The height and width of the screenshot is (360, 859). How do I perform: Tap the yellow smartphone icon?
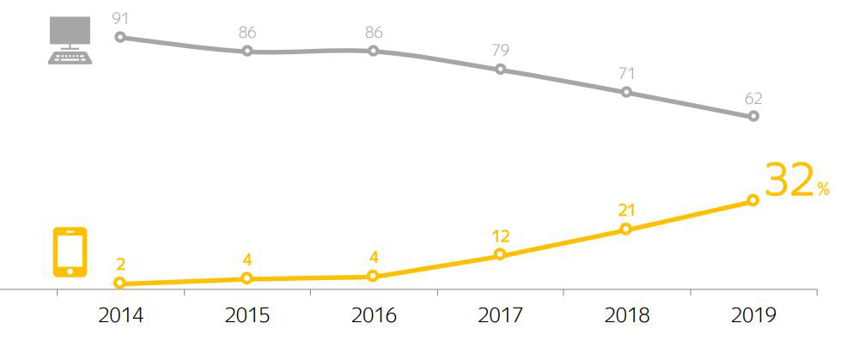coord(70,252)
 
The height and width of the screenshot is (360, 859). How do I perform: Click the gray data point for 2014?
coord(120,37)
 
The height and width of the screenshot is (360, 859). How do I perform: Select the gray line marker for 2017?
coord(500,70)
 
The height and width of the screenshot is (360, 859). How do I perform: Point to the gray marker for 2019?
coord(753,116)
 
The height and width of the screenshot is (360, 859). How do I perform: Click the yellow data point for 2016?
coord(373,276)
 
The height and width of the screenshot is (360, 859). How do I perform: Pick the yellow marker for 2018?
coord(626,229)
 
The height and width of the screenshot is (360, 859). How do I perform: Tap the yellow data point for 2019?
coord(753,200)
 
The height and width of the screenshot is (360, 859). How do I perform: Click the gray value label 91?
coord(120,16)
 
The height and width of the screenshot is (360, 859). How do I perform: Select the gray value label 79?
coord(500,49)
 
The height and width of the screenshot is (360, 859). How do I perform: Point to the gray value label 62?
coord(753,97)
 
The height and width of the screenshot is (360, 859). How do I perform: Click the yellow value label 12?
coord(500,235)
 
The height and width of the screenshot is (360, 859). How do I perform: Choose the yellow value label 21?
coord(626,210)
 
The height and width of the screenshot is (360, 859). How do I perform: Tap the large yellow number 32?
coord(789,180)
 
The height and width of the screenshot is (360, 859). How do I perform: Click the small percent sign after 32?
coord(823,190)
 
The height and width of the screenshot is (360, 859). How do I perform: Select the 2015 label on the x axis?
coord(247,315)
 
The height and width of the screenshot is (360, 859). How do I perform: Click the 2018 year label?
coord(626,315)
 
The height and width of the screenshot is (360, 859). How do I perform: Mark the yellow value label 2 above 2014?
coord(120,264)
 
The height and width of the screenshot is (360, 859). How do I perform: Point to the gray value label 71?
coord(626,71)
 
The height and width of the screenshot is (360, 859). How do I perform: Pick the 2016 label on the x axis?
coord(374,315)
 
